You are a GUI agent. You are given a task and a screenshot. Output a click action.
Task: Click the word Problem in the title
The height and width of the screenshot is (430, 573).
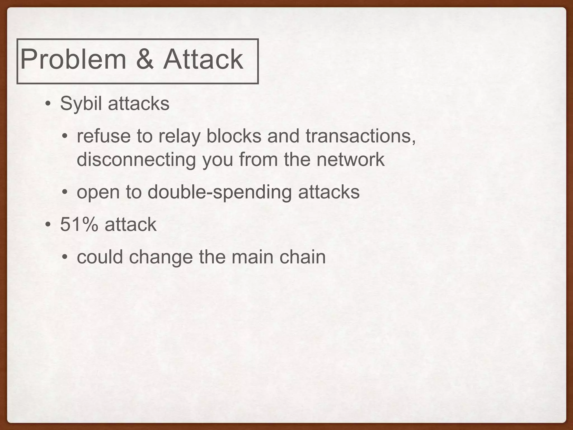73,60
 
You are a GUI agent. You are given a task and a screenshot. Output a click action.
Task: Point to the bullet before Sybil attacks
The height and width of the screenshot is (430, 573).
48,104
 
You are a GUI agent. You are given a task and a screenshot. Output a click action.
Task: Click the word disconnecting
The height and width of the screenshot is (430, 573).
136,159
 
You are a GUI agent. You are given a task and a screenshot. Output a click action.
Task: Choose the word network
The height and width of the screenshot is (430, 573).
350,159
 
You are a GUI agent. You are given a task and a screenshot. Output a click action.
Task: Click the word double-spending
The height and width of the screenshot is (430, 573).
220,192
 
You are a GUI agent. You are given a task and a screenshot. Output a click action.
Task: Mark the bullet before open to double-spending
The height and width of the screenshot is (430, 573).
65,192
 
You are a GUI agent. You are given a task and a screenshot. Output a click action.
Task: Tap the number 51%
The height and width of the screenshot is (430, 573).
79,225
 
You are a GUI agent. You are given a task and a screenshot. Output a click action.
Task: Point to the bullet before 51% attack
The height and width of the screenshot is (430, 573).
48,225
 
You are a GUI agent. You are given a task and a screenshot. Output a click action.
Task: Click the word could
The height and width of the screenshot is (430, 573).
100,257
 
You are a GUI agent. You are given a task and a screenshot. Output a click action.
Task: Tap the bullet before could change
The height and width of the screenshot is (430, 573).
65,257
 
